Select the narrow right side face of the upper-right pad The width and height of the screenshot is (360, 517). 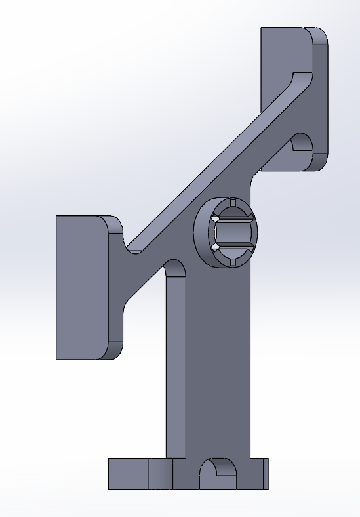pyautogui.click(x=321, y=98)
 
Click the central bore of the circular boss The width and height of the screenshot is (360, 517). pyautogui.click(x=232, y=232)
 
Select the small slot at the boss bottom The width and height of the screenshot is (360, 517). pyautogui.click(x=233, y=262)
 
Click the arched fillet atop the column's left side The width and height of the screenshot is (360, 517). pyautogui.click(x=175, y=269)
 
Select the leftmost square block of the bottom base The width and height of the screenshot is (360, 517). pyautogui.click(x=128, y=474)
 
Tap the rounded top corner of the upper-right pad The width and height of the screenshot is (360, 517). pyautogui.click(x=318, y=35)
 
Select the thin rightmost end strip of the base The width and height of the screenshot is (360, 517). pyautogui.click(x=266, y=474)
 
